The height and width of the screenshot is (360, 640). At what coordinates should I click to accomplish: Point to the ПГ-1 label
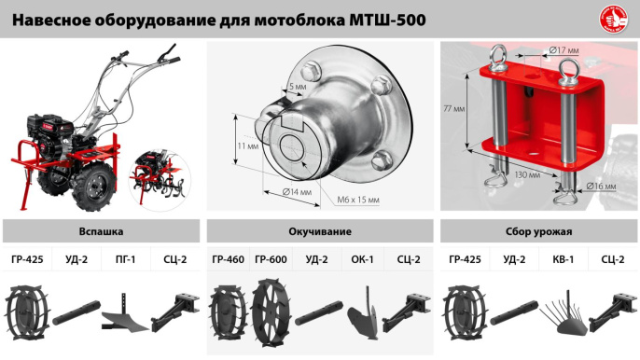point(125,260)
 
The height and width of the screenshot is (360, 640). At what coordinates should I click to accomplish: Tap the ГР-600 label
point(271,260)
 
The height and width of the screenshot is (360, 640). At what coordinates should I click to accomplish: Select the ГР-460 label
point(228,260)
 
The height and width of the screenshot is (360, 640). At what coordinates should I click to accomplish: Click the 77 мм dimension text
point(453,109)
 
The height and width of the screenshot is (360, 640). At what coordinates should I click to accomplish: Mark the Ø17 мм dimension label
point(565,49)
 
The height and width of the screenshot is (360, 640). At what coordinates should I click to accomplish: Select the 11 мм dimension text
point(247,146)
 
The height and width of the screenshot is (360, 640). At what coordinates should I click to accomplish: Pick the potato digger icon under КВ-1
point(560,312)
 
